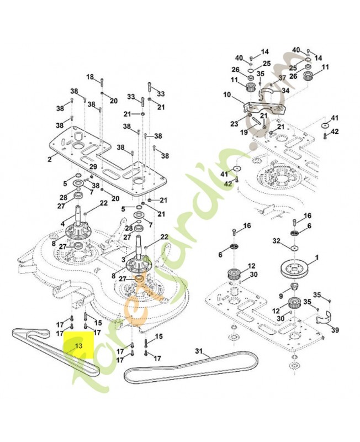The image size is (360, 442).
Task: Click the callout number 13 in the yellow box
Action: (x=78, y=345)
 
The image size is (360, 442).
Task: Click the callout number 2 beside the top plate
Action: (x=49, y=159)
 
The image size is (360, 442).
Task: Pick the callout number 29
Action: (x=93, y=166)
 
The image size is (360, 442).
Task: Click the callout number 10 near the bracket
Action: (x=227, y=94)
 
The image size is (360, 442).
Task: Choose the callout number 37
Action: (x=282, y=78)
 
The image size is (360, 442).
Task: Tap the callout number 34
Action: (x=285, y=91)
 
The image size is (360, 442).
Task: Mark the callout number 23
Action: (x=234, y=124)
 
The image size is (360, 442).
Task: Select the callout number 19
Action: (x=243, y=133)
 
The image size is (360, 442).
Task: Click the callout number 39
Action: (x=335, y=330)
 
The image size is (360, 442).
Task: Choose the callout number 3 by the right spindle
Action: (x=123, y=258)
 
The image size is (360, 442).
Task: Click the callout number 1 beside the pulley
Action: (x=317, y=257)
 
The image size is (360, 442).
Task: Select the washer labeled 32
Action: (x=295, y=249)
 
